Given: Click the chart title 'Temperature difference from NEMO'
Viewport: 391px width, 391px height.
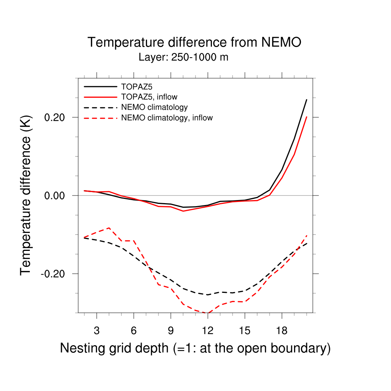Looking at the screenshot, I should [x=194, y=42].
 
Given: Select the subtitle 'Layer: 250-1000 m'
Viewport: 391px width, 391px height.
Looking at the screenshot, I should [x=183, y=58].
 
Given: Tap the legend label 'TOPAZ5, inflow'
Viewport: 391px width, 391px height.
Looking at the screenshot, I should [x=149, y=96].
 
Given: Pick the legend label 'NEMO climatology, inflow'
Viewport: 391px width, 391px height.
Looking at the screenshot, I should [x=167, y=118].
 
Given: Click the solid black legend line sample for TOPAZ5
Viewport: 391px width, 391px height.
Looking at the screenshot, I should [x=100, y=86].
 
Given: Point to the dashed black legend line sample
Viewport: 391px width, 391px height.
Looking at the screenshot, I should [x=100, y=107].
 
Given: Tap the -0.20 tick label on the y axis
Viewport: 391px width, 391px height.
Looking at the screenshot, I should [x=54, y=274].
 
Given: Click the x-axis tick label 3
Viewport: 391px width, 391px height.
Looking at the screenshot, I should [x=97, y=331].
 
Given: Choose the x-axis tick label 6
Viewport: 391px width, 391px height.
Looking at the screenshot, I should [x=134, y=331].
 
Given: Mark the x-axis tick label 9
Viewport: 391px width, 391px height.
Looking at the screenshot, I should [x=171, y=331].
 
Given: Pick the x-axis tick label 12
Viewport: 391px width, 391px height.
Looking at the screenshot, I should [x=208, y=331].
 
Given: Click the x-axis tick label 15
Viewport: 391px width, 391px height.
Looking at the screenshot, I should [x=245, y=331].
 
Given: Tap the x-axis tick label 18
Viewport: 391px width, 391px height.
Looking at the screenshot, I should [x=282, y=331].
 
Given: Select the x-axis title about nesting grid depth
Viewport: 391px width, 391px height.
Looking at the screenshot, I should [x=195, y=348].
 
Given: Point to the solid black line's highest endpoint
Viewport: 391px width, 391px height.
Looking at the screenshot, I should [x=307, y=100].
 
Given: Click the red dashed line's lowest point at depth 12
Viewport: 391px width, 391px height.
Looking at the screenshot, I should [x=208, y=313].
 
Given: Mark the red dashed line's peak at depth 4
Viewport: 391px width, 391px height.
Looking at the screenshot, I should [x=109, y=228].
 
